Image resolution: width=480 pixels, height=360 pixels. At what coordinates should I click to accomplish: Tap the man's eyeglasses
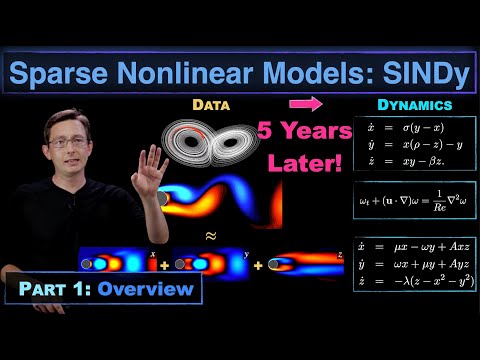tap(68, 142)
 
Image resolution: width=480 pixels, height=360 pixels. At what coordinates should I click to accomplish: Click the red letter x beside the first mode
tap(152, 256)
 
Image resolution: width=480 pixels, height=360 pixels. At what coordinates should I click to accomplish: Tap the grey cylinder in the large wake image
tap(163, 200)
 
